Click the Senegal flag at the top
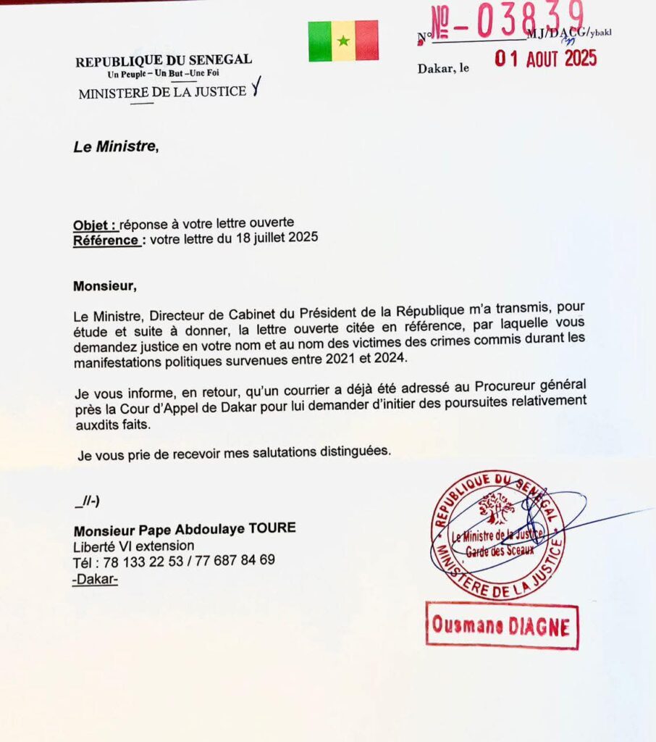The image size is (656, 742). tap(343, 41)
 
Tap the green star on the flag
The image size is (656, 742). tap(343, 41)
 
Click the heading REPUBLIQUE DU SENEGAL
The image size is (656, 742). tap(164, 62)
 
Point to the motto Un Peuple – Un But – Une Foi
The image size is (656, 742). tap(164, 74)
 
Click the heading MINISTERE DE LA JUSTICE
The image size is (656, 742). tap(162, 92)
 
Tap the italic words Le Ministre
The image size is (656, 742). tap(115, 146)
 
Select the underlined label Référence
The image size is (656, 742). tap(106, 238)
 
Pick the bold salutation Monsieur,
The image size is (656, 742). tap(105, 285)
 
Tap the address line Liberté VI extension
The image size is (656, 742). tap(133, 545)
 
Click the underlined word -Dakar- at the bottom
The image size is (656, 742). tap(96, 578)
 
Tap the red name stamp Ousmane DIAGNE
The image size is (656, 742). tap(502, 625)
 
